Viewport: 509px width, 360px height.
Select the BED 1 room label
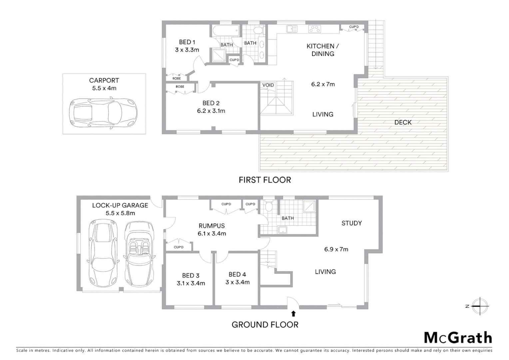[x=187, y=42]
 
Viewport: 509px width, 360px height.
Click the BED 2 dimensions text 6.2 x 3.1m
[x=211, y=111]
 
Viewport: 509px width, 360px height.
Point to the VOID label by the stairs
[x=268, y=85]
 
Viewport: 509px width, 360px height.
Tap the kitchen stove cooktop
[x=314, y=29]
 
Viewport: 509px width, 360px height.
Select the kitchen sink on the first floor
[x=292, y=29]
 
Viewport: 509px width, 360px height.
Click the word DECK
[x=403, y=122]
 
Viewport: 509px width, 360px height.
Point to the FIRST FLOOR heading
[x=265, y=180]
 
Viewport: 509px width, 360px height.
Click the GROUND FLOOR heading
[x=265, y=325]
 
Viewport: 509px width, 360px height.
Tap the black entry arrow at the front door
[x=293, y=313]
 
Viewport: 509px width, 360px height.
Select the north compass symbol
[x=480, y=306]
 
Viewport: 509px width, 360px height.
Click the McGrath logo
[x=458, y=338]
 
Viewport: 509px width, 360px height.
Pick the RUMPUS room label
[x=212, y=226]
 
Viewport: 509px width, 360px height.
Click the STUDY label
[x=351, y=223]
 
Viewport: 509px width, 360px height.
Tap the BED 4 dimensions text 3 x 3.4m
[x=237, y=282]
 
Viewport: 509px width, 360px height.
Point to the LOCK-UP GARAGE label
[x=120, y=205]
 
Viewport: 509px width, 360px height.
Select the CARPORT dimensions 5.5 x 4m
[x=104, y=88]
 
